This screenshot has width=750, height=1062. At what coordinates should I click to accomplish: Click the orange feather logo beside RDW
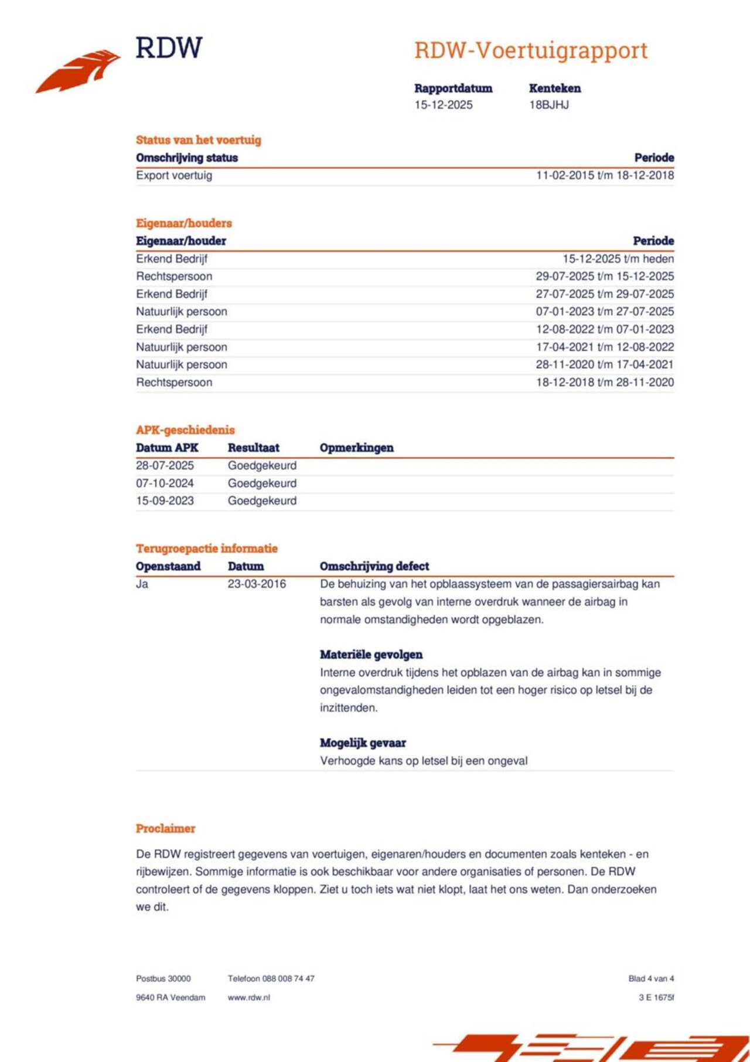coord(78,71)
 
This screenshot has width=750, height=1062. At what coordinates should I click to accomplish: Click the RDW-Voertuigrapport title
coord(530,50)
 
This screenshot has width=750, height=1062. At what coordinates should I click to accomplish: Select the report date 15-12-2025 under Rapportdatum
coord(443,105)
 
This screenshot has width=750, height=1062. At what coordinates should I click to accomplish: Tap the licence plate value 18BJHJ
coord(548,105)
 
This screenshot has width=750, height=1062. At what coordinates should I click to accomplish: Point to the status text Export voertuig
coord(174,175)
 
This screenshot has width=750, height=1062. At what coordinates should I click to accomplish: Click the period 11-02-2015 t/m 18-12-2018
coord(604,175)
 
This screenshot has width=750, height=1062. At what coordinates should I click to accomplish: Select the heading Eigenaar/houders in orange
coord(183,223)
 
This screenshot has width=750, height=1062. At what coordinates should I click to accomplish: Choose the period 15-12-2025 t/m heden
coord(618,258)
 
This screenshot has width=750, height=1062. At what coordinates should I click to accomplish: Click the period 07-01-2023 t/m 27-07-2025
coord(604,311)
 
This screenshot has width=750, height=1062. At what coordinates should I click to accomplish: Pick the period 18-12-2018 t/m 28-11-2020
coord(604,382)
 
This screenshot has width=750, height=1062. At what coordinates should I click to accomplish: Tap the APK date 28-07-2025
coord(165,465)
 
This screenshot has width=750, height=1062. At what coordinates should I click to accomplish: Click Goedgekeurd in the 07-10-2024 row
coord(262,483)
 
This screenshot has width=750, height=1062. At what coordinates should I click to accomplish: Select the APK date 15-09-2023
coord(165,501)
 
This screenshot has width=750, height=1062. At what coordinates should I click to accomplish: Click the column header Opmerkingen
coord(356,448)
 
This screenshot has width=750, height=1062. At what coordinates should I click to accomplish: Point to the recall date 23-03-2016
coord(257,584)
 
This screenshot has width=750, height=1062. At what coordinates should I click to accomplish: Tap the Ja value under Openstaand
coord(142,584)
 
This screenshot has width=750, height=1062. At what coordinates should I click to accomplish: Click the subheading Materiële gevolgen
coord(371,655)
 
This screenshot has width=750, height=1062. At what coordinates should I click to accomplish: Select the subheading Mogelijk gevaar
coord(363,743)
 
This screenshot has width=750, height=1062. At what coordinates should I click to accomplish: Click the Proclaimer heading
coord(165,828)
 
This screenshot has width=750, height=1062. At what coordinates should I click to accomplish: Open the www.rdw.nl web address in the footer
coord(248,998)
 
